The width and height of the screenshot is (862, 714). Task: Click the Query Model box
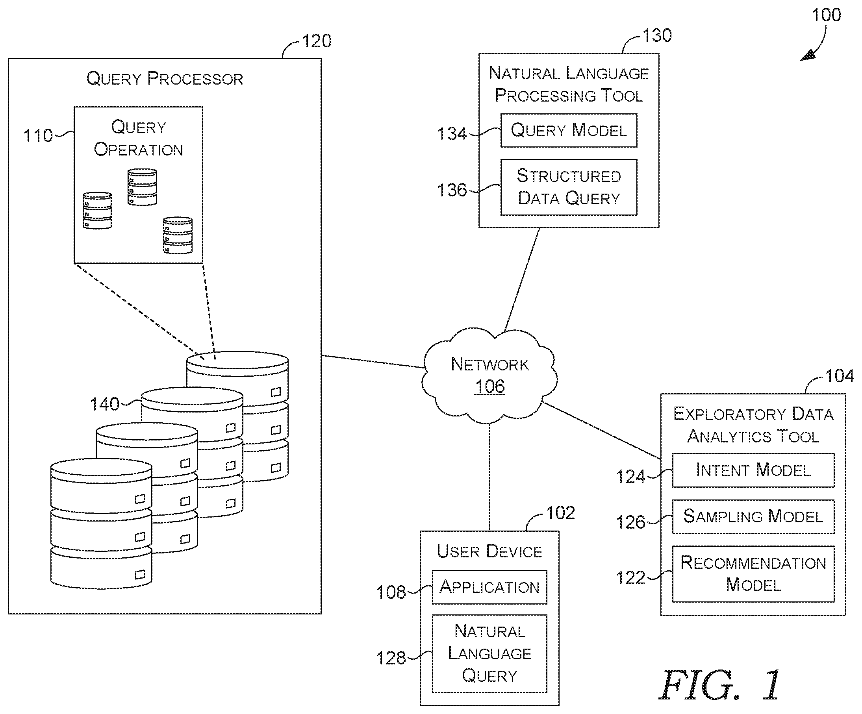[x=569, y=131]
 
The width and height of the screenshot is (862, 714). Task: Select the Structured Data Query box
[x=569, y=187]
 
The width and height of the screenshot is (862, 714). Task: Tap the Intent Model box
[x=753, y=470]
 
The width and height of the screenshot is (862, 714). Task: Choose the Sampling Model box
[x=753, y=517]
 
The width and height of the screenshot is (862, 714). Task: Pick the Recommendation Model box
[x=753, y=573]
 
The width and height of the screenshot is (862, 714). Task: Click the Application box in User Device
[x=489, y=587]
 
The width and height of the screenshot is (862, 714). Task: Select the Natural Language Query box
[x=489, y=654]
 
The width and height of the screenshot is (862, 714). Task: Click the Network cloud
[x=489, y=375]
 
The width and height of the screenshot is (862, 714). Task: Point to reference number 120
[x=317, y=41]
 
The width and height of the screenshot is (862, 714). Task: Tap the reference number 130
[x=657, y=36]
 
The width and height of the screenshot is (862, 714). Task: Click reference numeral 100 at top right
[x=826, y=15]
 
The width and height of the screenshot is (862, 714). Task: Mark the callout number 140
[x=104, y=404]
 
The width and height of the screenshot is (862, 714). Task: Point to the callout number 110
[x=38, y=136]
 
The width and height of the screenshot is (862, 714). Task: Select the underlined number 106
[x=490, y=387]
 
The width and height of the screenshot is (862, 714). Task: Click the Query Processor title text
[x=165, y=78]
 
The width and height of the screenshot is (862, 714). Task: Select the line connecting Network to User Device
[x=489, y=477]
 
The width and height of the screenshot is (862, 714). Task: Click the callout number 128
[x=391, y=658]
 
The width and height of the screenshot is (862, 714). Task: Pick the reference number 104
[x=840, y=376]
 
